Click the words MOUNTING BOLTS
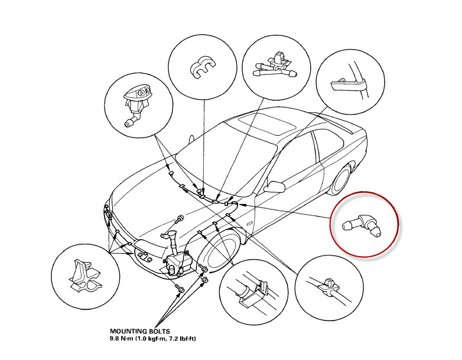pos(138,332)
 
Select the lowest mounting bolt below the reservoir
pos(181,289)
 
